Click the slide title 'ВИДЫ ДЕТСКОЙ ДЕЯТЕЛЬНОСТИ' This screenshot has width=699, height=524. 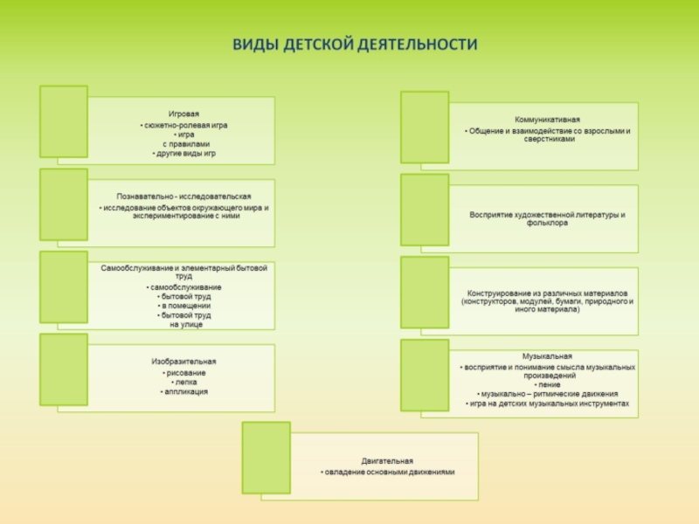coord(354,45)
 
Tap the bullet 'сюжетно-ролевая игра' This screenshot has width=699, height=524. coord(184,125)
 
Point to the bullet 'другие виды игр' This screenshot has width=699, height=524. coord(184,153)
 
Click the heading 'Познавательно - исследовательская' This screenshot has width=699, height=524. coord(183,196)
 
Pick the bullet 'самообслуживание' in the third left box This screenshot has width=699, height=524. coord(184,286)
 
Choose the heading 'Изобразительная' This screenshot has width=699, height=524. coord(183,361)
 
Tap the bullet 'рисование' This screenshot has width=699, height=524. coord(184,373)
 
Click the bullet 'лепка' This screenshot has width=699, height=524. coord(184,383)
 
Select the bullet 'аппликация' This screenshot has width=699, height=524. coord(184,392)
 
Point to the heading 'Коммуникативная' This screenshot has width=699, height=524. coord(547,119)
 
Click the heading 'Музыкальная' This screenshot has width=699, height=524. coord(547,356)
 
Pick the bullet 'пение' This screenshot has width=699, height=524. coord(548,384)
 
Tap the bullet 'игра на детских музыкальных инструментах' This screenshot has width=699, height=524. coord(548,403)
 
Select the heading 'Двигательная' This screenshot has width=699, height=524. coord(387,460)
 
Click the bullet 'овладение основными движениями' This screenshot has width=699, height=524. coord(387,472)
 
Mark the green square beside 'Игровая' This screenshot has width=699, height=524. coord(64,121)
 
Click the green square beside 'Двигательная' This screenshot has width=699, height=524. coord(266,457)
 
